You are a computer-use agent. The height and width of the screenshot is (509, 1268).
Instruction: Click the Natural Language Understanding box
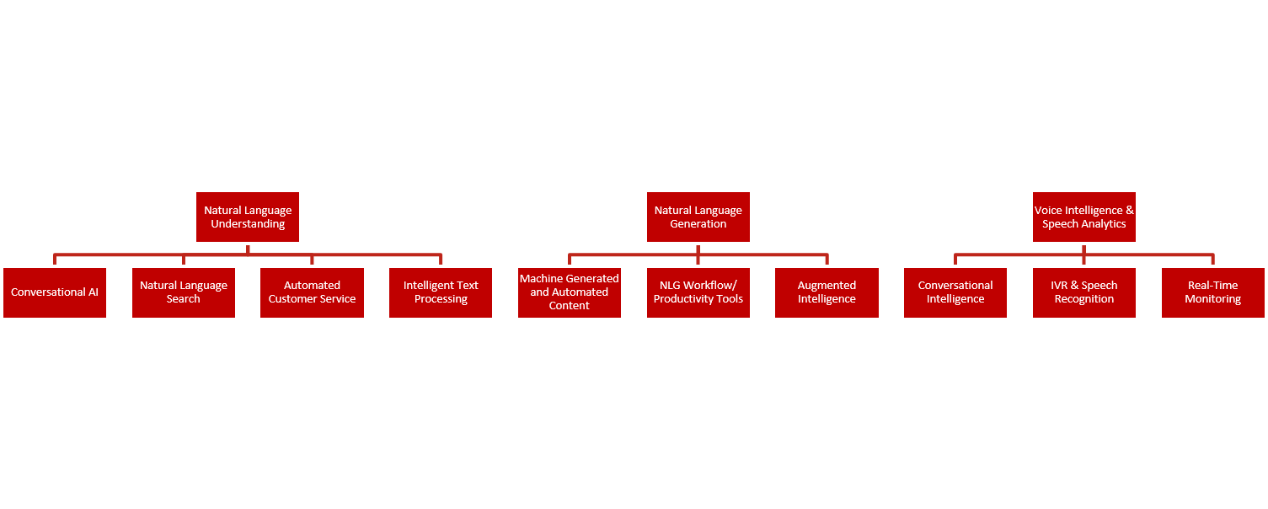pos(248,217)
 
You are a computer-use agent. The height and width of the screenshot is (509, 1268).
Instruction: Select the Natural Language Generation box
pos(698,217)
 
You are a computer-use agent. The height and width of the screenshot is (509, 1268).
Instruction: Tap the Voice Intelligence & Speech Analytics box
pos(1084,217)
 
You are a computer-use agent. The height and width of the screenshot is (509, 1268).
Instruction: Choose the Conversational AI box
pos(54,292)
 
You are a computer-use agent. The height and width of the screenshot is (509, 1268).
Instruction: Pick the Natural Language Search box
pos(184,292)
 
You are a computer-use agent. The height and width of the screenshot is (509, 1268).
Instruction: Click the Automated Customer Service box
pos(312,292)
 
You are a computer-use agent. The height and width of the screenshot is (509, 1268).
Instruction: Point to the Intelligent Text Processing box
pos(441,292)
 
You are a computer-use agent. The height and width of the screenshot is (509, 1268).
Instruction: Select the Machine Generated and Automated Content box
pos(570,292)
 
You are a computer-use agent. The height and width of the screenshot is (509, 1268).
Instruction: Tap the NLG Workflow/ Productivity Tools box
pos(698,292)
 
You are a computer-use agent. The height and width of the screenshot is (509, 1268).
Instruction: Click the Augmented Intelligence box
pos(827,292)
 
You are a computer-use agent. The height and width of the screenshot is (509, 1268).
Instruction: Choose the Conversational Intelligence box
pos(955,292)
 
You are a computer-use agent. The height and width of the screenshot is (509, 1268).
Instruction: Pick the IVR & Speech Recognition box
pos(1084,292)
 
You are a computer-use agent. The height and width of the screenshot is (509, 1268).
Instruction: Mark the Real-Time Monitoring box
pos(1213,292)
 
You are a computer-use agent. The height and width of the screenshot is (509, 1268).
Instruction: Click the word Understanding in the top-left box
pos(248,224)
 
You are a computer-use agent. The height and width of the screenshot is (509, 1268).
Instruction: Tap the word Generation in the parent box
pos(698,223)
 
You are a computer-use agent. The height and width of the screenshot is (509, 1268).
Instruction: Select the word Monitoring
pos(1213,299)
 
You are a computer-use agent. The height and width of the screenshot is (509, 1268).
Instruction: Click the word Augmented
pos(827,286)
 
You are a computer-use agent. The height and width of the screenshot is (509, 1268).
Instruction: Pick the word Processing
pos(441,299)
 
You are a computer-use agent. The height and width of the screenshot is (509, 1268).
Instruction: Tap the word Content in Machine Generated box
pos(569,306)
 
